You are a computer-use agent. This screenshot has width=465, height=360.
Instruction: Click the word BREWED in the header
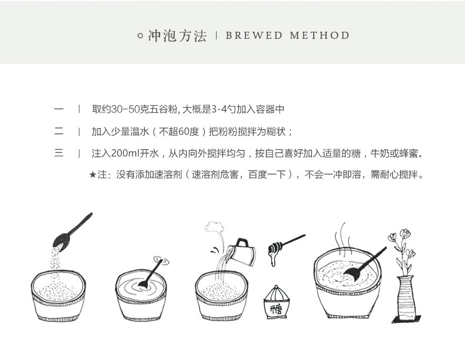[254, 36]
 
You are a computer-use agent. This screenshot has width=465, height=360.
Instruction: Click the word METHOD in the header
[320, 36]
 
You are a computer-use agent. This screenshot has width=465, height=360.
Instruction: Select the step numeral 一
[59, 109]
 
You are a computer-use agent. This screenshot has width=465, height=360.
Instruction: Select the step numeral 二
[59, 131]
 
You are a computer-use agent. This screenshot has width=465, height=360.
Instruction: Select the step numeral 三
[59, 154]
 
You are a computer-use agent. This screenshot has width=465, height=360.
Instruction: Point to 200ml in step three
[124, 154]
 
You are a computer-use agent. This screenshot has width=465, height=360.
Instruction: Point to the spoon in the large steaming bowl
[360, 268]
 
